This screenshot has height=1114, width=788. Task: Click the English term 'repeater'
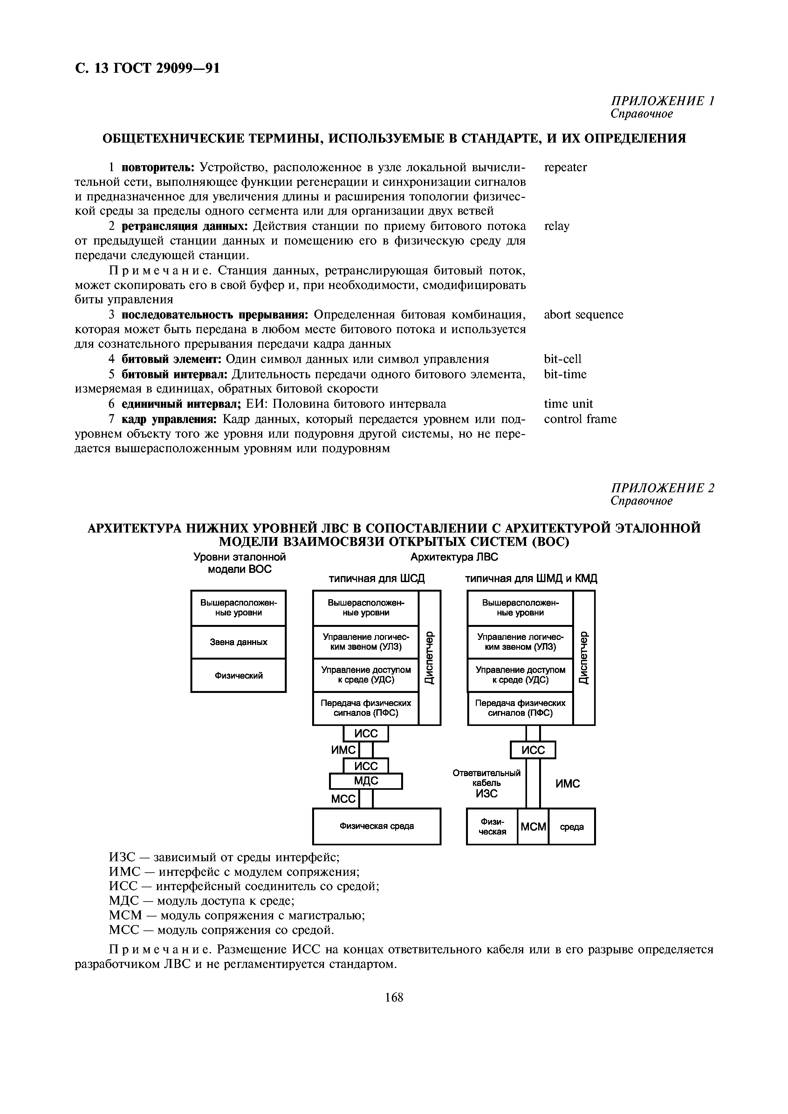(565, 167)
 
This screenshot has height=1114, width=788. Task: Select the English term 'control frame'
(580, 419)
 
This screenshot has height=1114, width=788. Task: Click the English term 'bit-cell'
(562, 359)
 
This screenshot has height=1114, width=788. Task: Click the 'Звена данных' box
(238, 642)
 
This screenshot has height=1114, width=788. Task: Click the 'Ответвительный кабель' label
(486, 778)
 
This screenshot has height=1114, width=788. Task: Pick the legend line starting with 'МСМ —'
(236, 916)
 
